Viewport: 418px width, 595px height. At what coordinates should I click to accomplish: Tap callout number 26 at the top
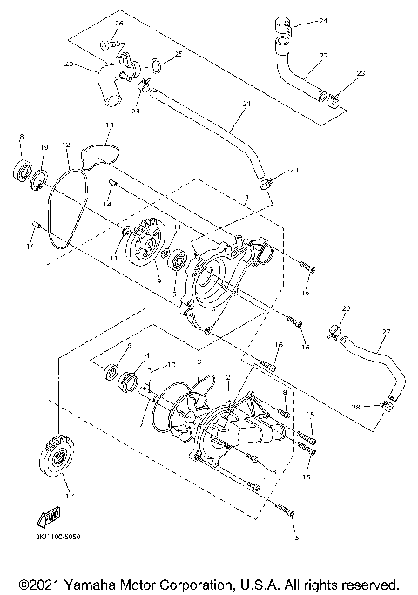119,23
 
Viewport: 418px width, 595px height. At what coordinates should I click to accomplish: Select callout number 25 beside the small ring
179,54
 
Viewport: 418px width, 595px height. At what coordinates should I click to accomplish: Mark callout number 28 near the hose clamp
380,406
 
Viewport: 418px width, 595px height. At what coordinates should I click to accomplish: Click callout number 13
109,126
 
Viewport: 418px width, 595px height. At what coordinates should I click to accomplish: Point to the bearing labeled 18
20,167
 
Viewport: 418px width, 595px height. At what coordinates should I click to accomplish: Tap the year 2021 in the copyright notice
44,583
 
